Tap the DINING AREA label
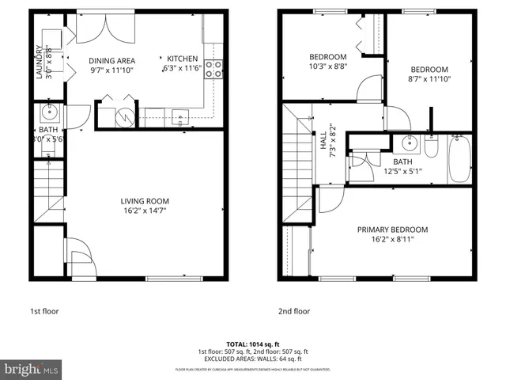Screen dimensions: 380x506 [x=112, y=61]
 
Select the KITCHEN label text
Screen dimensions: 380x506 [x=182, y=59]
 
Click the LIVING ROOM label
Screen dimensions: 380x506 [x=145, y=201]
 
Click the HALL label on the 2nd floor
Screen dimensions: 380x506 [x=323, y=142]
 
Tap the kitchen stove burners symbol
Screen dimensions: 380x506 [x=212, y=69]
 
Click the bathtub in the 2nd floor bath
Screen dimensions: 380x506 [x=460, y=160]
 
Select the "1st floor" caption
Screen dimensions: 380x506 [x=43, y=311]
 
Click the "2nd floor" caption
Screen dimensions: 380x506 [x=294, y=311]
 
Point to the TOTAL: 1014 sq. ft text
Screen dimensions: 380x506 [x=253, y=344]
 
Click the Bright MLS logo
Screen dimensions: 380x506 [x=32, y=369]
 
